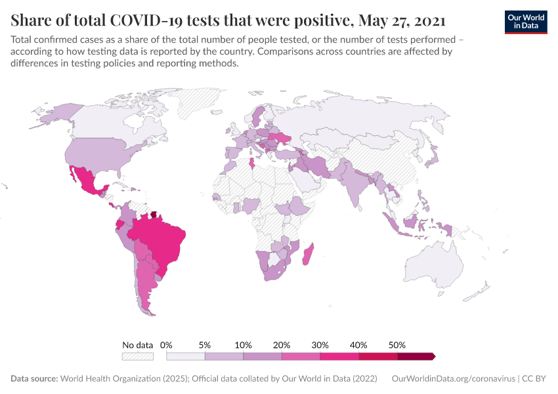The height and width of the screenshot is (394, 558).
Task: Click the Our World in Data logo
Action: coord(526,21)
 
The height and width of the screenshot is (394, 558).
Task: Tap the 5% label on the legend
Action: coord(205,345)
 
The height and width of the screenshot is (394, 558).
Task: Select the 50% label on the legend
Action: coord(397,345)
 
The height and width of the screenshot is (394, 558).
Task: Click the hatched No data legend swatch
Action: coord(137,356)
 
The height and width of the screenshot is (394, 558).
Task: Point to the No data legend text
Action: coord(137,345)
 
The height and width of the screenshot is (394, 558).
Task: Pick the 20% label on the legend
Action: coord(282,345)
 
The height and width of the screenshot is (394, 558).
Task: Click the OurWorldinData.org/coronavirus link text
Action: coord(452,379)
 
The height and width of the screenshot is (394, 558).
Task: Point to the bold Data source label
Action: coord(34,379)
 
